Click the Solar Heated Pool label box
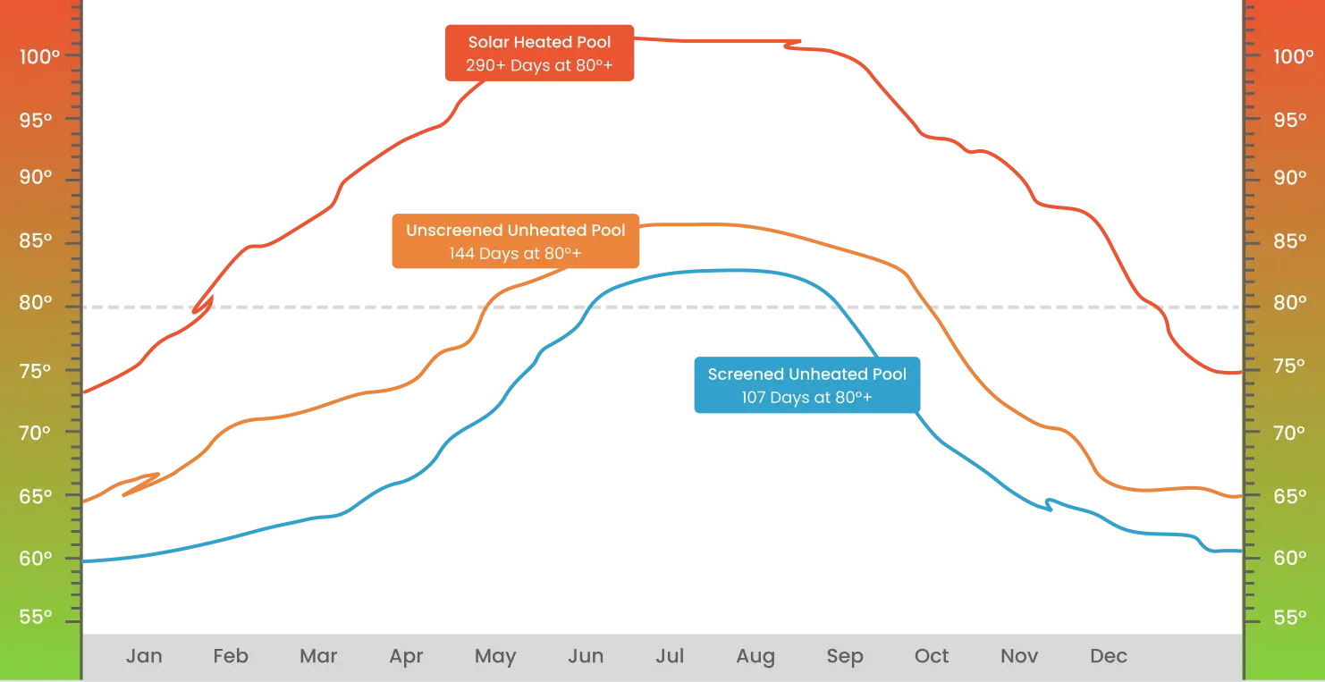[539, 55]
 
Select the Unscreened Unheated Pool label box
[515, 241]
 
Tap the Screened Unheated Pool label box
[806, 385]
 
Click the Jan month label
[144, 656]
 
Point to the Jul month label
[670, 656]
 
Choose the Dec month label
[1108, 656]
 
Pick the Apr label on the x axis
[406, 656]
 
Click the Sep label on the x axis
[844, 656]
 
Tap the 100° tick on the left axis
[39, 56]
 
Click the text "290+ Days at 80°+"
[539, 66]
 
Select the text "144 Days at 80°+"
[515, 254]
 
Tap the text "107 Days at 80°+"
[806, 398]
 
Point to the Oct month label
[932, 656]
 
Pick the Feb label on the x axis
[230, 656]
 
